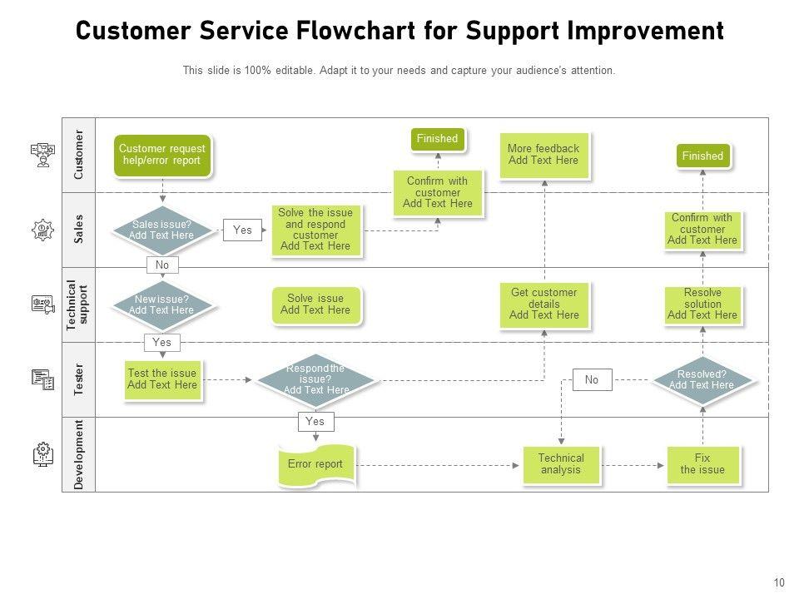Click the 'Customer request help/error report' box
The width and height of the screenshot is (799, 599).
161,155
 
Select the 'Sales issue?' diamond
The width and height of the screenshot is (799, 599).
161,230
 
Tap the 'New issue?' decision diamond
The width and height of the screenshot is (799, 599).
161,304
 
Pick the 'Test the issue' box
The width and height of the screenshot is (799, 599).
162,379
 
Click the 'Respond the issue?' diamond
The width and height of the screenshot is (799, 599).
315,379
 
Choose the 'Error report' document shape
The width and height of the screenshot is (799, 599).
315,465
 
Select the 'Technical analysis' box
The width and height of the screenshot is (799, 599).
561,464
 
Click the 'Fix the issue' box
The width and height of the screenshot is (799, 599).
702,464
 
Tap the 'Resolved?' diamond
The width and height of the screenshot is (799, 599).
702,379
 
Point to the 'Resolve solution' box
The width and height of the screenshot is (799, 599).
702,304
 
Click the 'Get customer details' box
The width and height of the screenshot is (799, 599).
544,304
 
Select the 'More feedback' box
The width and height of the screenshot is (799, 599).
543,155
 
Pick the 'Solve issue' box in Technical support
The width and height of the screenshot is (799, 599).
315,304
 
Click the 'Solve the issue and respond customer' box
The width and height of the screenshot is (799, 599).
315,230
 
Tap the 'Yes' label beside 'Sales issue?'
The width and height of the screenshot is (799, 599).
242,230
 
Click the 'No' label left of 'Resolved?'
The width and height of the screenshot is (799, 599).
592,380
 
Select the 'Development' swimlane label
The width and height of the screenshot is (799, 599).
79,454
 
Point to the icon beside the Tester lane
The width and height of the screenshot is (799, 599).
42,379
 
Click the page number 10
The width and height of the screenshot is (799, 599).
779,583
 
